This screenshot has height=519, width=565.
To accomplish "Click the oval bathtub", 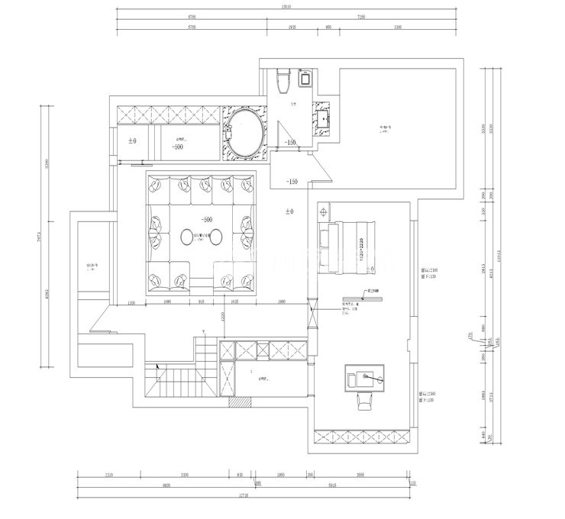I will click(x=245, y=133).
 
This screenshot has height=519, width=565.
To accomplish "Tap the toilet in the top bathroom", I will click(x=283, y=78).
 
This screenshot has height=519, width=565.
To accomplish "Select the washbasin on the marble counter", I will click(x=321, y=118).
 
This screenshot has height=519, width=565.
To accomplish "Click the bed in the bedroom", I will click(x=350, y=245).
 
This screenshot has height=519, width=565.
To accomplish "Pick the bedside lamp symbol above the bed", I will click(x=324, y=209).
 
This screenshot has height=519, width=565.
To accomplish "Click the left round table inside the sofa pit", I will click(x=187, y=238).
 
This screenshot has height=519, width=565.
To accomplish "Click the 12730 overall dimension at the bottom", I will click(x=244, y=495).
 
